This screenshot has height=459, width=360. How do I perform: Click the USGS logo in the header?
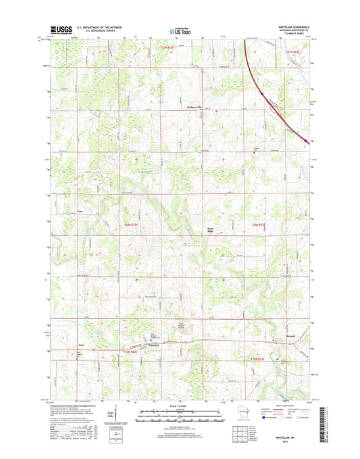pos(59,30)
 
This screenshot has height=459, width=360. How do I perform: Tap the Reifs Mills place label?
pos(210,230)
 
